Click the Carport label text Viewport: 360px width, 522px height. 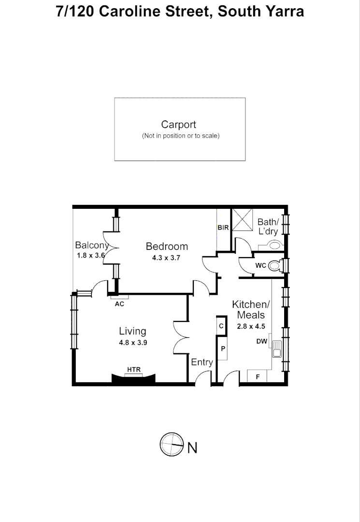point(178,125)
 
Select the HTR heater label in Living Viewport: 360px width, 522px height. point(134,370)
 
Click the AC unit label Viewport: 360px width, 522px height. point(119,304)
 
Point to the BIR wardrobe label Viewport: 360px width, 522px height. point(223,228)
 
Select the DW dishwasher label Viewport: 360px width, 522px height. point(262,342)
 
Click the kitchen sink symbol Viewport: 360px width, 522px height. point(277,348)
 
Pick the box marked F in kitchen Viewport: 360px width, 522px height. point(257,376)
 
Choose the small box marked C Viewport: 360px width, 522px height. point(221,326)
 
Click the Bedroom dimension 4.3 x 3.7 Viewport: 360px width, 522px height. point(166,258)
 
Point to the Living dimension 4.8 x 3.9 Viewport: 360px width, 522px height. point(133,343)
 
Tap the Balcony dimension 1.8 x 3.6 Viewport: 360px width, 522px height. point(90,255)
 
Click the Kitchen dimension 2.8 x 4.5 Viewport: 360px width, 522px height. point(251,326)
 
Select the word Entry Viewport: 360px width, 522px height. point(202,362)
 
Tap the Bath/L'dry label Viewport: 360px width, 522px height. point(268,226)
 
